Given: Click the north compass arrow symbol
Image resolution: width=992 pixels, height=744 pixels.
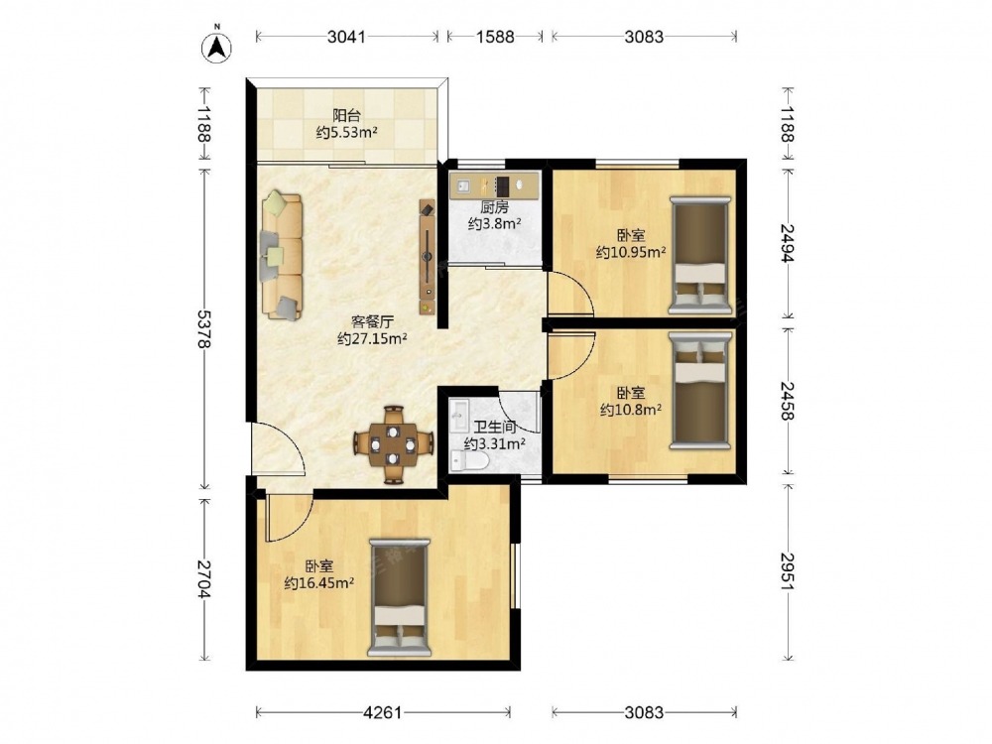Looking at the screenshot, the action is [x=216, y=47].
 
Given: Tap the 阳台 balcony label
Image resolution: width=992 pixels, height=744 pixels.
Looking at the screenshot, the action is [x=346, y=115].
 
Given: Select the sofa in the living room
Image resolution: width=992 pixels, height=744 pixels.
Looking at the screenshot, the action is [x=282, y=255].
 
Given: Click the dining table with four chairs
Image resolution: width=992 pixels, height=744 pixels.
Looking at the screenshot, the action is [x=394, y=444].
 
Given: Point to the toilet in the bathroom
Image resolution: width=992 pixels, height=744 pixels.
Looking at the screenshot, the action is [x=468, y=461].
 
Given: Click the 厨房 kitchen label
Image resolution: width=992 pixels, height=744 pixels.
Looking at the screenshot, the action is [x=494, y=207].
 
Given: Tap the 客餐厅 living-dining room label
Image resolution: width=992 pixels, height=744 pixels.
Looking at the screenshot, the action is [x=372, y=320].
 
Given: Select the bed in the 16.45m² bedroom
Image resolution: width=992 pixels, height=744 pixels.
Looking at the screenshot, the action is [x=399, y=597].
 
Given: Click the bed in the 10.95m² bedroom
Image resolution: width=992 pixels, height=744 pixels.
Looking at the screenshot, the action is [x=699, y=255].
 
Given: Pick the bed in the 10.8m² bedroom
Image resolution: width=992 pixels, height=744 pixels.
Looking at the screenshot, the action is [x=699, y=390].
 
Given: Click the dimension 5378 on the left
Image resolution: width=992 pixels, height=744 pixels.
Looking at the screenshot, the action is [x=203, y=329].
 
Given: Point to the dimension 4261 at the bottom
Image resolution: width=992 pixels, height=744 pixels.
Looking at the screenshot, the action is [x=382, y=713].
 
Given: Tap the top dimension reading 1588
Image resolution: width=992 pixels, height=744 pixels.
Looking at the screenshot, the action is [x=495, y=37].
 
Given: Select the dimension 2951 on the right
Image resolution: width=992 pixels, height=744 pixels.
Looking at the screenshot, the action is [x=787, y=572].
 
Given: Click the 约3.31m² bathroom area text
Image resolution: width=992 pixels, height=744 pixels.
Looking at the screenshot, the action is [x=495, y=444].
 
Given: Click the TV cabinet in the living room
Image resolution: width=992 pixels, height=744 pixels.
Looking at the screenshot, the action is [x=428, y=258].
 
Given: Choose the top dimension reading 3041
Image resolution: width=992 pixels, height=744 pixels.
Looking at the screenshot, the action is [x=346, y=37].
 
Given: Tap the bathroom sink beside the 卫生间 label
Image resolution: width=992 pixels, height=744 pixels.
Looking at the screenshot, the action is [x=458, y=412].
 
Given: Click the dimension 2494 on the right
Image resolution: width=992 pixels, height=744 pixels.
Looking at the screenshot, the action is [x=787, y=243].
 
